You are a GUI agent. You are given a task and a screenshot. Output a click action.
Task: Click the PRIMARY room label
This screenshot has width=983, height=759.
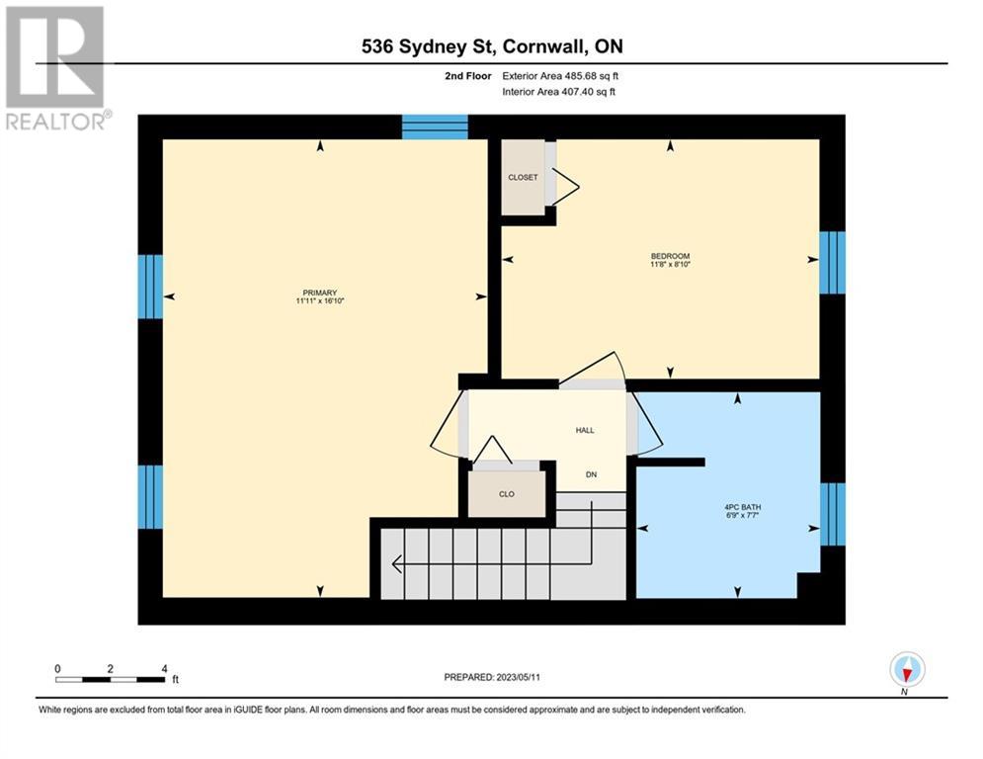320,293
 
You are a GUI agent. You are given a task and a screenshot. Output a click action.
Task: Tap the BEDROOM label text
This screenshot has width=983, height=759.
670,256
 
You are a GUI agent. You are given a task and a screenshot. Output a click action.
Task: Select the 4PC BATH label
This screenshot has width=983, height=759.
742,507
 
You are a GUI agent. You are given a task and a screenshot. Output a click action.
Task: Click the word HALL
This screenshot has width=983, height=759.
585,430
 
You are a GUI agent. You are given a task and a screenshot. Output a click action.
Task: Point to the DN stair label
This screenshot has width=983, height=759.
591,474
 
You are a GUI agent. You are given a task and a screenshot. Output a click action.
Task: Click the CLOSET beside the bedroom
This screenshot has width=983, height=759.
523,178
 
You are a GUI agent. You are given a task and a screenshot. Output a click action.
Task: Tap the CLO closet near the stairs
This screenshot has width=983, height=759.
507,494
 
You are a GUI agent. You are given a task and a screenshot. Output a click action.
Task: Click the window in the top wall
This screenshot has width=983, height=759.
435,126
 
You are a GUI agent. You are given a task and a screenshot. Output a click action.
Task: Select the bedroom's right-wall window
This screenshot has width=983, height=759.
833,262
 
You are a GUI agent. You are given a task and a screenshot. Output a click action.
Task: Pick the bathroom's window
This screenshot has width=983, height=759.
833,514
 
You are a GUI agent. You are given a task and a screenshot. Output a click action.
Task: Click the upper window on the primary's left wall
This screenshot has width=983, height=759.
150,287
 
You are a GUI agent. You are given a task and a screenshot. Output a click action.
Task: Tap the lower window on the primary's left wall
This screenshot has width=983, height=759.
150,497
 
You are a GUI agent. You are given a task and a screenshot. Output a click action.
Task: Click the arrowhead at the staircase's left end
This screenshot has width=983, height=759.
394,564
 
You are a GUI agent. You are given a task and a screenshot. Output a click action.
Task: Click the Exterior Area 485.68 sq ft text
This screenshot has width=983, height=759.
560,76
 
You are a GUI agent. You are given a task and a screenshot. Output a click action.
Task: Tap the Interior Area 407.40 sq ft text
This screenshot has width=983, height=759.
558,92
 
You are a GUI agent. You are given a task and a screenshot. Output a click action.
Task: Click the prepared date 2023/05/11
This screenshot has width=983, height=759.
518,677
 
